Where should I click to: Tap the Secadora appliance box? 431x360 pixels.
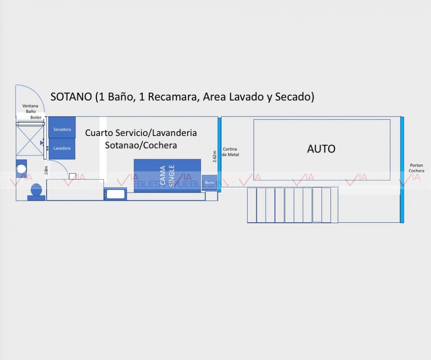[62, 129]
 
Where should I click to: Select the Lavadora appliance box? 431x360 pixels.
[62, 148]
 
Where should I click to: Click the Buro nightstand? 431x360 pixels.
[209, 183]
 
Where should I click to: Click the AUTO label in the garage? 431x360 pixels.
[321, 149]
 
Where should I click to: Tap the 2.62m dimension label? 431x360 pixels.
[214, 156]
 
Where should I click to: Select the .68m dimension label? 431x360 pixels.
[46, 170]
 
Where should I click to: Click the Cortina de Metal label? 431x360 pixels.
[230, 152]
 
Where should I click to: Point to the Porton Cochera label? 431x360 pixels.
[416, 168]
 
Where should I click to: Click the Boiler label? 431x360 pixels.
[36, 117]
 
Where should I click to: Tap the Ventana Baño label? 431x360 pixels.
[30, 108]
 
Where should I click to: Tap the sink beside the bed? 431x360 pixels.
[115, 194]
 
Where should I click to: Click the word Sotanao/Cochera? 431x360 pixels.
[141, 145]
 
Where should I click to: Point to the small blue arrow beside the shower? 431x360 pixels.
[42, 142]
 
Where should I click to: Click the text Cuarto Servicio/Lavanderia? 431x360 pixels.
[141, 133]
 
